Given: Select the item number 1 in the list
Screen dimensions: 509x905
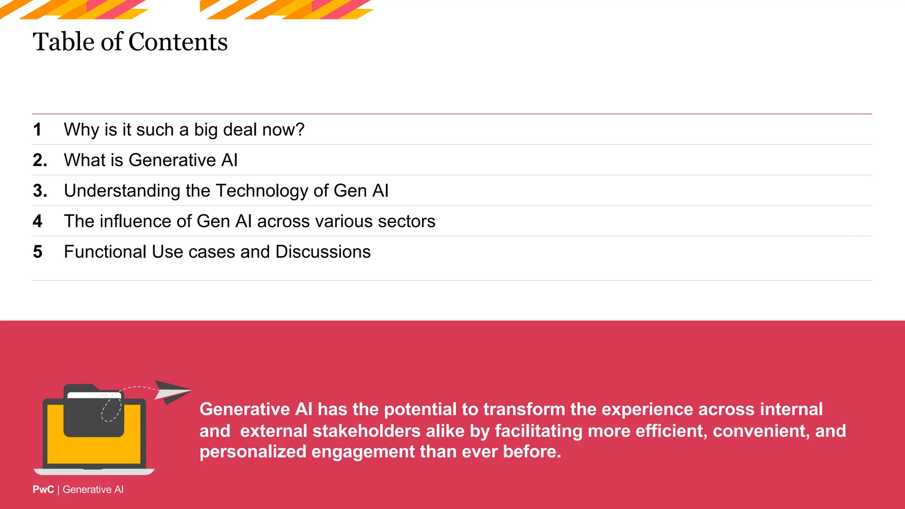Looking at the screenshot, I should pyautogui.click(x=37, y=129).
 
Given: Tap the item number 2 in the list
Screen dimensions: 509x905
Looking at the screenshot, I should pyautogui.click(x=39, y=160).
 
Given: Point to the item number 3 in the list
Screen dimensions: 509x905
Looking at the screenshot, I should pyautogui.click(x=39, y=190).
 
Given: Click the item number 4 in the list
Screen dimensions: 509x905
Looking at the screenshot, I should pyautogui.click(x=38, y=221).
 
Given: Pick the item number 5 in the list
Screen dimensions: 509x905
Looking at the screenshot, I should pyautogui.click(x=38, y=252).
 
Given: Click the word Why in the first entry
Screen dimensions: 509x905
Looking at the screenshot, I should pyautogui.click(x=81, y=129).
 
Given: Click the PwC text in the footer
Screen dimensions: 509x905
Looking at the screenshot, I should pyautogui.click(x=43, y=490).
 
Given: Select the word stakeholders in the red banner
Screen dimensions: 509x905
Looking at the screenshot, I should pyautogui.click(x=366, y=431).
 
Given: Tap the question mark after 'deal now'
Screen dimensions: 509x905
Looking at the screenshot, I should pyautogui.click(x=300, y=129).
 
